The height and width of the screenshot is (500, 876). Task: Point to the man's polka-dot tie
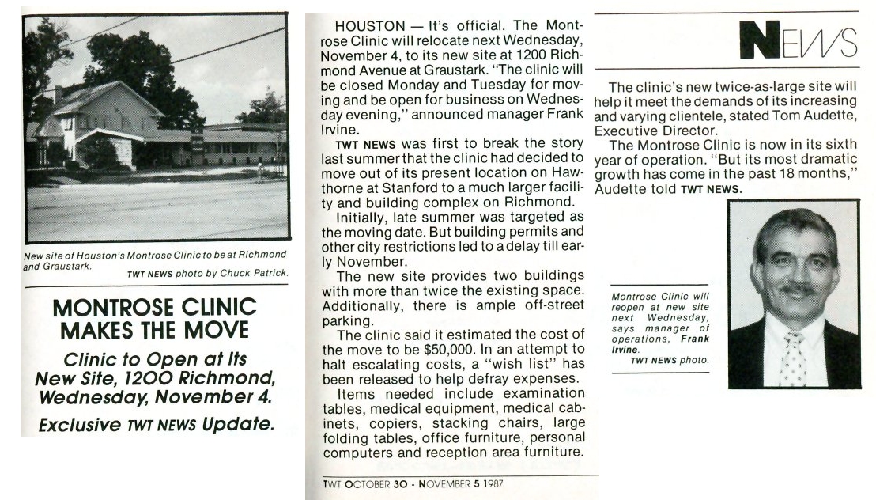792,358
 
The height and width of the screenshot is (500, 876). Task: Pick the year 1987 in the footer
491,483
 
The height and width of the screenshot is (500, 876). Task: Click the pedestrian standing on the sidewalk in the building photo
259,168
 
